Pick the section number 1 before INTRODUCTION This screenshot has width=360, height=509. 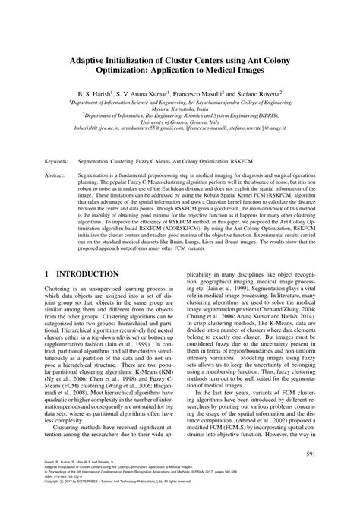coord(47,273)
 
